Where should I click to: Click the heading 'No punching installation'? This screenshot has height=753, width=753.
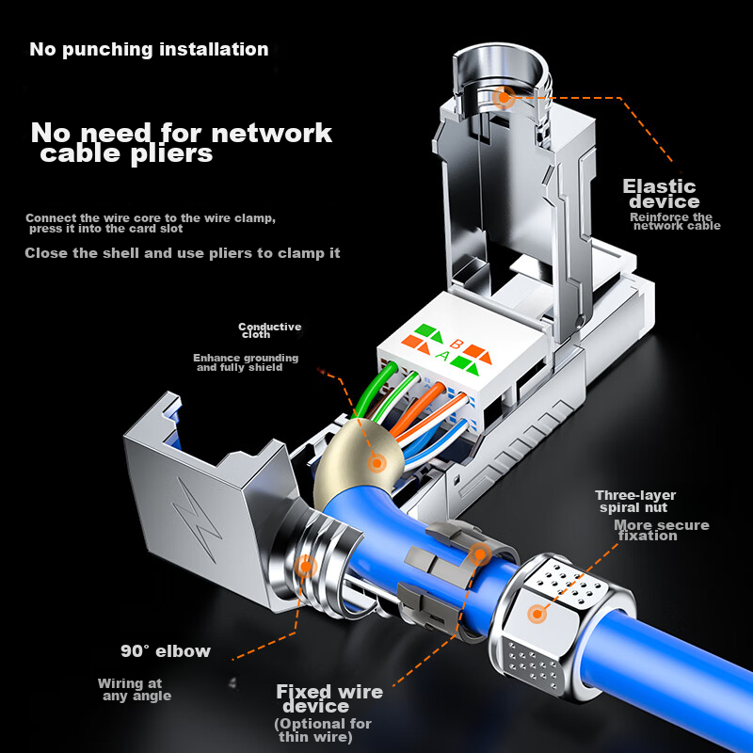149,50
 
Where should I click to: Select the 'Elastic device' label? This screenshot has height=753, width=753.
661,194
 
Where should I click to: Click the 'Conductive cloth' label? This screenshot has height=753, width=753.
269,330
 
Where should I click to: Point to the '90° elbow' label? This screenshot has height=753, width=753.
166,651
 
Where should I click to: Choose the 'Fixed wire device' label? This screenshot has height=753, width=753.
329,698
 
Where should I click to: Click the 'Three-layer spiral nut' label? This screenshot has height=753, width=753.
634,502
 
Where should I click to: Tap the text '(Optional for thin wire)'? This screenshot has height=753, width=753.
323,730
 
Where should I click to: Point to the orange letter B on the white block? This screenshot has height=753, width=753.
456,344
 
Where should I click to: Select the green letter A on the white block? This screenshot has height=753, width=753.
442,356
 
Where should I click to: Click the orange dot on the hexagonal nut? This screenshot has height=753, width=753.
537,614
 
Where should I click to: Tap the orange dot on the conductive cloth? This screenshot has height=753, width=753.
377,463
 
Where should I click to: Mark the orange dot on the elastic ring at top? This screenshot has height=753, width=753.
504,98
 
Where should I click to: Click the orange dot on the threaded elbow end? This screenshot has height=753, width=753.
305,567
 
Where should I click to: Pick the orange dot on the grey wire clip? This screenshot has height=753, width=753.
480,554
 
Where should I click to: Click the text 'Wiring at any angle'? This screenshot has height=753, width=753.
135,690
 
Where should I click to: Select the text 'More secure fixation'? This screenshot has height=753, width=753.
662,530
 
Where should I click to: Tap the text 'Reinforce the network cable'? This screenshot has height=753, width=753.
675,221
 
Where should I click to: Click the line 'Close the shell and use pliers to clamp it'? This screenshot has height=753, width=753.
183,253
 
